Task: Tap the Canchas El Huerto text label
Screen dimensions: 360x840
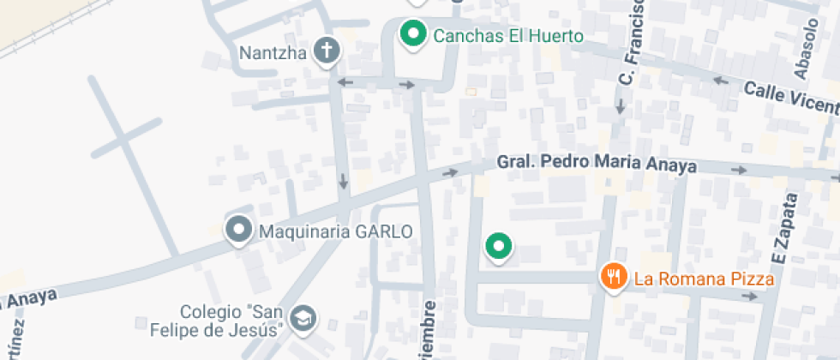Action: [508, 36]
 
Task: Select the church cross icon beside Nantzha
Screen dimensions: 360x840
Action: [327, 51]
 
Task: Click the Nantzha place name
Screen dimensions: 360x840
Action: [273, 53]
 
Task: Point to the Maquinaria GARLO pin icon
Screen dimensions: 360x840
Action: [237, 230]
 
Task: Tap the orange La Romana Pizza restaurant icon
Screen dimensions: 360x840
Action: [612, 277]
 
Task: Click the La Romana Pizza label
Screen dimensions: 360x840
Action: [704, 279]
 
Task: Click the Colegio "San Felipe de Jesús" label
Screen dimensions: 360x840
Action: [231, 321]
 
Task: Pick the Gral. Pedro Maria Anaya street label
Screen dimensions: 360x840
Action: [597, 165]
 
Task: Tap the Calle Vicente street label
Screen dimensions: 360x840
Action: [790, 98]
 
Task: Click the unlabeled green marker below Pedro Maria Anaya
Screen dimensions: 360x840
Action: [498, 247]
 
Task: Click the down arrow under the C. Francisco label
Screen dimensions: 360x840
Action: [619, 106]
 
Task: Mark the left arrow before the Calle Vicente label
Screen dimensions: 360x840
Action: [720, 81]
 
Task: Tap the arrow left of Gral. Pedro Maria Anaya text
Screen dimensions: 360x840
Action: [450, 173]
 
